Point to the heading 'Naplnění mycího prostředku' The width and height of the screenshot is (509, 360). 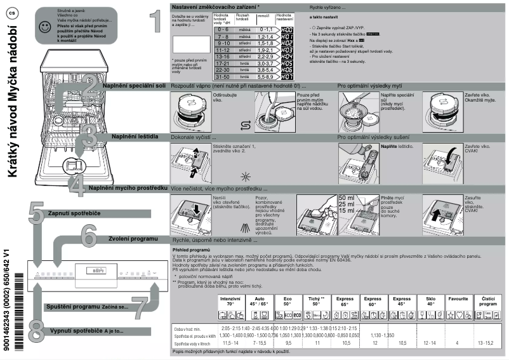(128, 189)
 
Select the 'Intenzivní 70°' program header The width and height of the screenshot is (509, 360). (230, 301)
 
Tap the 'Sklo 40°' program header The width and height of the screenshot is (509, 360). (431, 301)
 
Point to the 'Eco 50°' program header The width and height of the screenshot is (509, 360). (288, 301)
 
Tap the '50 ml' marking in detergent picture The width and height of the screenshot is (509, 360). (347, 198)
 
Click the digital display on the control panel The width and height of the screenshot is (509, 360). (96, 271)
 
